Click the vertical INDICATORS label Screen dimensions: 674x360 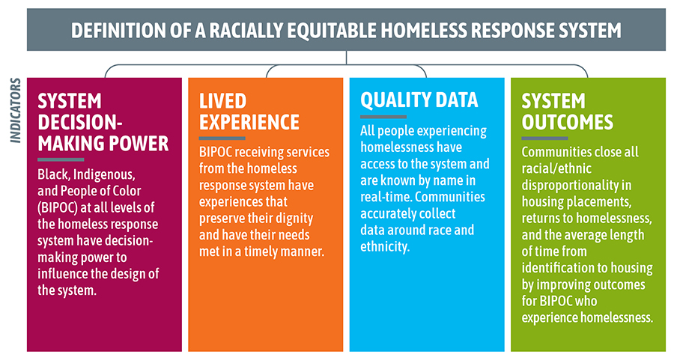15,111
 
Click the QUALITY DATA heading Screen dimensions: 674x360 419,100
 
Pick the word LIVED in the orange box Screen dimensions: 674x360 222,101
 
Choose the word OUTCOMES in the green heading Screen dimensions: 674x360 568,123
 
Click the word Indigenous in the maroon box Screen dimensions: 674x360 104,175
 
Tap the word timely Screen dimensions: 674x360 263,251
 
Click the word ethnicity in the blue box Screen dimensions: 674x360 385,246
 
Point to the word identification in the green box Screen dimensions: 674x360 557,268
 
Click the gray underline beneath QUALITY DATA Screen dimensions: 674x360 383,117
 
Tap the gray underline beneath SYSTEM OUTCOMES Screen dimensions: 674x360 544,138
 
